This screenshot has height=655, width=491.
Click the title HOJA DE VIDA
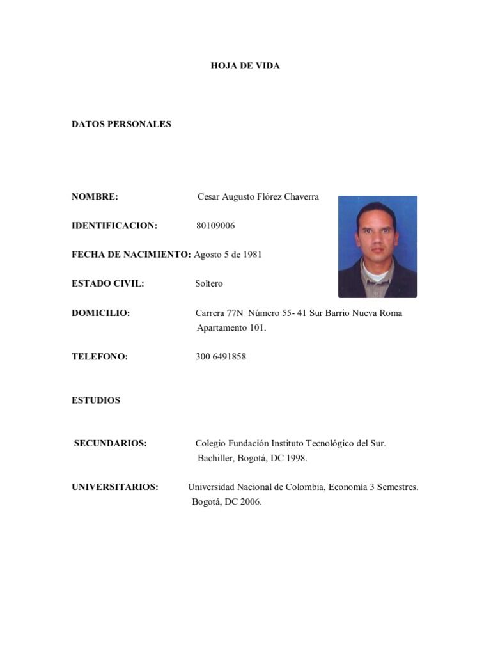[245, 66]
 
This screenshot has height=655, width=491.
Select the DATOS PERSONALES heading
[121, 124]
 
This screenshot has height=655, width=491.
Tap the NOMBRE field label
[95, 197]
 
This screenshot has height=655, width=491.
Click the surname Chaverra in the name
[300, 197]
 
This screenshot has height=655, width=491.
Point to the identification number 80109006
[215, 226]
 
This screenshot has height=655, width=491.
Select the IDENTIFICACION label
[114, 226]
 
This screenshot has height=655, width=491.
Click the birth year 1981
[252, 255]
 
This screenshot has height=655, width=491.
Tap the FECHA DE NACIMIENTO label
[131, 255]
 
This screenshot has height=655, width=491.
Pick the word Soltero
[209, 283]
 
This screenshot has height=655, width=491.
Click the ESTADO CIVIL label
[107, 283]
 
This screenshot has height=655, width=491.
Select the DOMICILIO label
[100, 313]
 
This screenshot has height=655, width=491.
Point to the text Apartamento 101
[231, 328]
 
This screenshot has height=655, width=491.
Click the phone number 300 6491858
[221, 357]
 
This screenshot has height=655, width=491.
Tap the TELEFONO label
[100, 357]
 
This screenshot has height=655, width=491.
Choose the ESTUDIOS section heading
[96, 400]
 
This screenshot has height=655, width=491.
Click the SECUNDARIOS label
[111, 443]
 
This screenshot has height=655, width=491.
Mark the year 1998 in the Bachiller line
[296, 459]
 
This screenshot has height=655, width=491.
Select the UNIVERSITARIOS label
[115, 487]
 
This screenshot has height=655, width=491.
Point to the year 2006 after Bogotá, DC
[250, 502]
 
